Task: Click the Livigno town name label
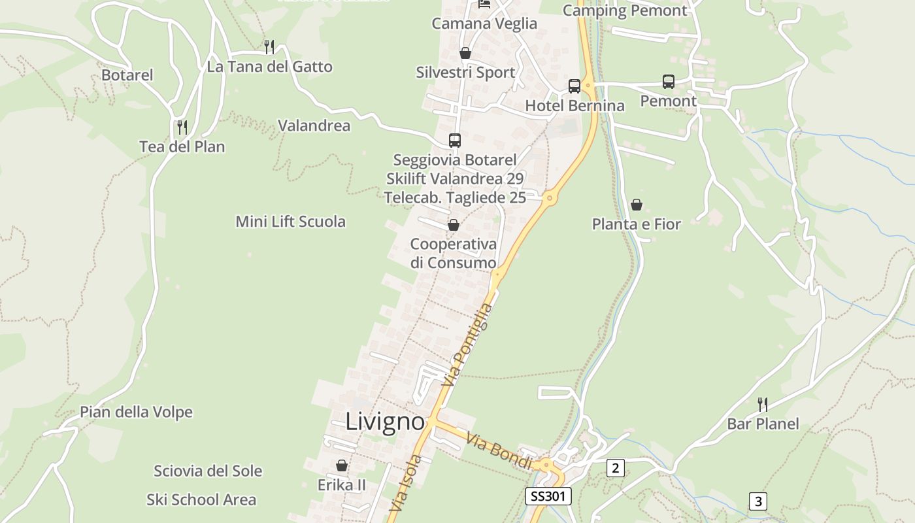[x=385, y=422]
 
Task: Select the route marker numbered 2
[x=615, y=467]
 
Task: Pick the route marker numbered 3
[x=757, y=501]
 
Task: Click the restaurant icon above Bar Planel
[x=762, y=404]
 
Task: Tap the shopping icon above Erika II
[x=341, y=465]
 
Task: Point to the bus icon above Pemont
[x=668, y=82]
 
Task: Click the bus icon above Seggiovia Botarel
[x=454, y=140]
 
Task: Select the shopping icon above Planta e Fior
[x=636, y=205]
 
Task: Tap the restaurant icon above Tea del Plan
[x=182, y=127]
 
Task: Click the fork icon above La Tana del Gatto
[x=269, y=46]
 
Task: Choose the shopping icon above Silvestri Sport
[x=465, y=53]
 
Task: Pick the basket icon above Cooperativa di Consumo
[x=453, y=225]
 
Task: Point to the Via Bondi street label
[x=501, y=450]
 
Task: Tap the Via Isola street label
[x=405, y=482]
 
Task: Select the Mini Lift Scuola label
[x=290, y=222]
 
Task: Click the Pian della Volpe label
[x=136, y=413]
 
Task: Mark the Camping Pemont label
[x=625, y=10]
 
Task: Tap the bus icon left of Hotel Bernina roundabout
[x=574, y=86]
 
